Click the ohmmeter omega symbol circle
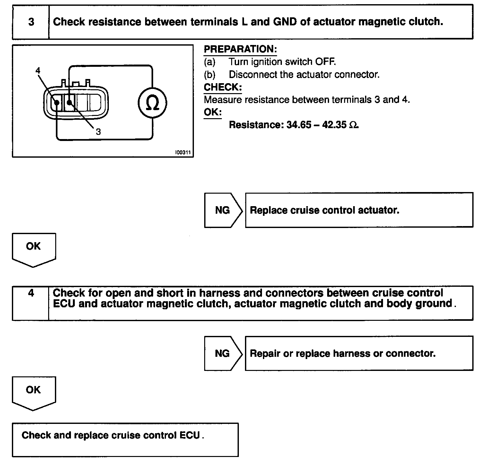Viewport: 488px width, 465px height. (152, 103)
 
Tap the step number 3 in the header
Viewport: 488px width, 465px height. (31, 22)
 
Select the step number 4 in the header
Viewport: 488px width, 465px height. (31, 293)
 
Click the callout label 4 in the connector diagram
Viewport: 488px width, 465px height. (38, 71)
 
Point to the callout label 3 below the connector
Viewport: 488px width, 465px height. (98, 132)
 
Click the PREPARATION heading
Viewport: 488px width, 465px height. (240, 49)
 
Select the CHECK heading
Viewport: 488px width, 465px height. (223, 87)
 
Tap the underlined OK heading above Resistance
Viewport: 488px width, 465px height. (213, 112)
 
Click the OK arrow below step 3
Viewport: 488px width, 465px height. (33, 247)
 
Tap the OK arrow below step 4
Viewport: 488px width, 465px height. (33, 390)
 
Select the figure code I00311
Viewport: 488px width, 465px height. (183, 153)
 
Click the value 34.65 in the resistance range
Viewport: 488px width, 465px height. (299, 125)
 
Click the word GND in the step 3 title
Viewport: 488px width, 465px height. (285, 22)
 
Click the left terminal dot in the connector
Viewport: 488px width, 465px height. (57, 103)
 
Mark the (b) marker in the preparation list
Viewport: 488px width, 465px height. (210, 75)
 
